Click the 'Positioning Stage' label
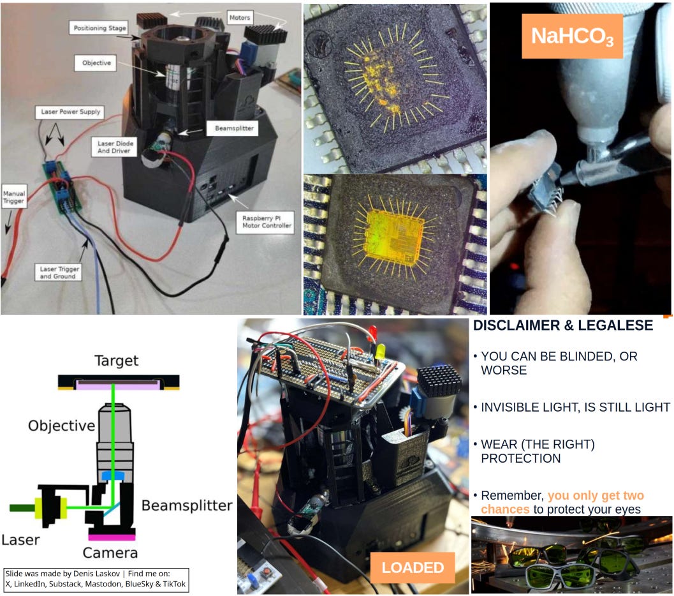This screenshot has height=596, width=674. point(99,28)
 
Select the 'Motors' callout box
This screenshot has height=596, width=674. point(239,18)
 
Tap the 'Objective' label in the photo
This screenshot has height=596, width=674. point(96,63)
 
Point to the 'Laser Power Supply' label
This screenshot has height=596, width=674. point(70,112)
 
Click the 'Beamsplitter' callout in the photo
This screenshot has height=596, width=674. point(234,128)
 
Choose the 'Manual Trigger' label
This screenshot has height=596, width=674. point(14,197)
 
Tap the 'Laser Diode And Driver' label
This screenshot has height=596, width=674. point(115,147)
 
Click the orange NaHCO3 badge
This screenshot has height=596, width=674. point(572,36)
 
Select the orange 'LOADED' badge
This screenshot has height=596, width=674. point(413,568)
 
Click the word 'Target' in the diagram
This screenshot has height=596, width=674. point(117,361)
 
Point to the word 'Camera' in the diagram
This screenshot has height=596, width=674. point(110,553)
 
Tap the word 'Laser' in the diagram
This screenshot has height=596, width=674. point(20,540)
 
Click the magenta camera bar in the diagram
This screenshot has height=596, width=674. point(112,537)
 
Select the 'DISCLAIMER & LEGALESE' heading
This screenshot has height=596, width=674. point(563,325)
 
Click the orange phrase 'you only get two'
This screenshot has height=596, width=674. point(596,495)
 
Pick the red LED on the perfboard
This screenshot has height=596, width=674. point(372,332)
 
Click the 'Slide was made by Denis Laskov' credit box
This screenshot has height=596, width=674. point(96,579)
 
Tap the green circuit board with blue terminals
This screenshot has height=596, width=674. point(62,186)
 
